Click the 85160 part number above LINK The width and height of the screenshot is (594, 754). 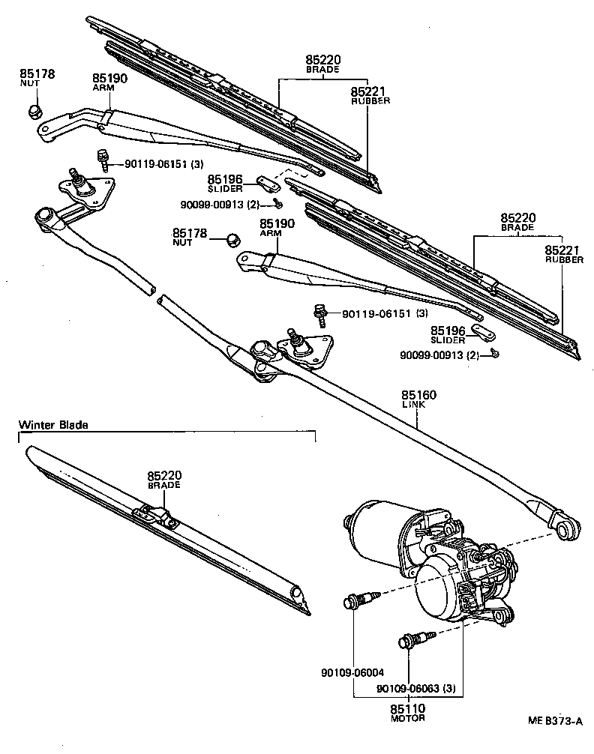[x=418, y=395]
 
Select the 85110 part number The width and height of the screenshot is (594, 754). [x=407, y=708]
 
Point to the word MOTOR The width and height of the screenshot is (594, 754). [x=407, y=718]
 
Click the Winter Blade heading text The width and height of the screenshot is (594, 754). [x=53, y=425]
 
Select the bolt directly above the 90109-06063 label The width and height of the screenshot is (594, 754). [x=411, y=641]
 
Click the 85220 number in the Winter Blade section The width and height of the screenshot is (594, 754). [x=164, y=475]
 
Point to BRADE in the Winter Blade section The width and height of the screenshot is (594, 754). [x=164, y=486]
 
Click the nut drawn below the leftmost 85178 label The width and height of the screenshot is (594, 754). [x=33, y=112]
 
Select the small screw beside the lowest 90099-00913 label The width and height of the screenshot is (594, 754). [x=495, y=352]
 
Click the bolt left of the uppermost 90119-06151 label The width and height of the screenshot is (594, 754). [x=102, y=158]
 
